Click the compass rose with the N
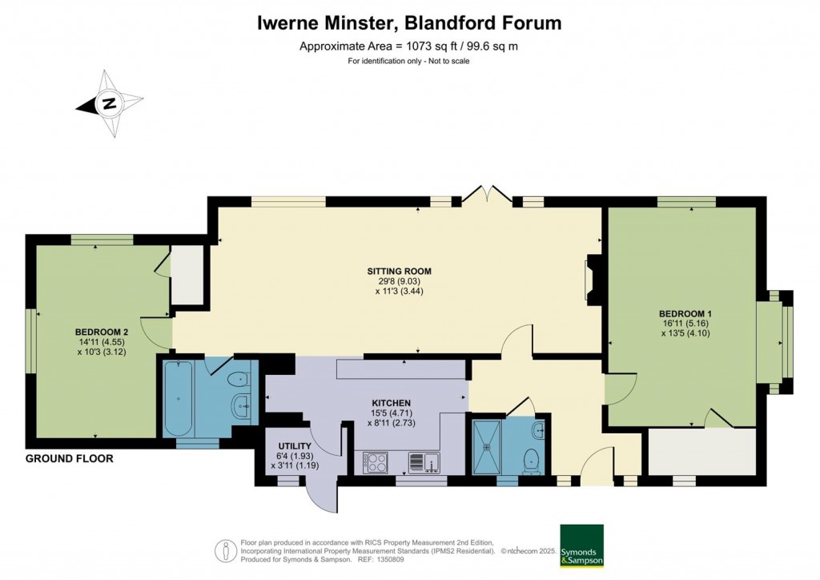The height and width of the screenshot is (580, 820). pos(110,103)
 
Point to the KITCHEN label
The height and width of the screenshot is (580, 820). pos(391,402)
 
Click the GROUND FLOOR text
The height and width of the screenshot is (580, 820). pos(69,459)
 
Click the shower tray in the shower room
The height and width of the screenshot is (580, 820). pos(487,446)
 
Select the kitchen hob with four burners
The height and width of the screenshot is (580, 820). pos(376,462)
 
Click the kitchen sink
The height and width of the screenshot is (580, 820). pos(421,462)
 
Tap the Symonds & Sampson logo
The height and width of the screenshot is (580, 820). pos(581,546)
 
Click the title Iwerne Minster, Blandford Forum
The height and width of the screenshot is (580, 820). pos(409,23)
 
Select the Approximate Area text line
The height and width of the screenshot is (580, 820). pos(409,46)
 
